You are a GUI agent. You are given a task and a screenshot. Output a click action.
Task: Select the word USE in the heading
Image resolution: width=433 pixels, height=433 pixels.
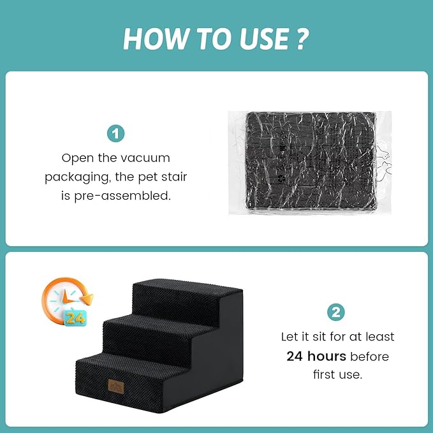tap(264, 39)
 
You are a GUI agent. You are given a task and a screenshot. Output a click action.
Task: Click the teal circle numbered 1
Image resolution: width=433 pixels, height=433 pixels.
tap(115, 134)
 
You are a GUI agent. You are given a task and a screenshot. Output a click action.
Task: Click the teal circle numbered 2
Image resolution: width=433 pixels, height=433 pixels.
tap(336, 312)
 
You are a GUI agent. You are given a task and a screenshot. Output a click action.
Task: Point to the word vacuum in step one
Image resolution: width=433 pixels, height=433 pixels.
tap(145, 159)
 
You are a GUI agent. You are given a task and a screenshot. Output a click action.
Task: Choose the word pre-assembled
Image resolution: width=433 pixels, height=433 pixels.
tap(122, 196)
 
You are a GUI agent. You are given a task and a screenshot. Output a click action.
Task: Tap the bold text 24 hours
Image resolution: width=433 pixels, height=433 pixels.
tap(316, 356)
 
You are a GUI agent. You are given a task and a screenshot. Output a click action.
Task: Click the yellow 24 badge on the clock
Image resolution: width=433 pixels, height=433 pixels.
tap(75, 318)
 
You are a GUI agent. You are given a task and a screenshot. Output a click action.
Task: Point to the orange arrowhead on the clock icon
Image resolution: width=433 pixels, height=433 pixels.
tap(88, 299)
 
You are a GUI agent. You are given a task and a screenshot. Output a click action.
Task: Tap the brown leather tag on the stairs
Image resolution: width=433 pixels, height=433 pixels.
tap(116, 386)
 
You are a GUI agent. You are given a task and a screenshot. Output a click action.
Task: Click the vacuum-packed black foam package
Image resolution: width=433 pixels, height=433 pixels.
tap(311, 163)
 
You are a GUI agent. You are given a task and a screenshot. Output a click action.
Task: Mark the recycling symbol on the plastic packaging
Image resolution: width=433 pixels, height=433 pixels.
tap(281, 179)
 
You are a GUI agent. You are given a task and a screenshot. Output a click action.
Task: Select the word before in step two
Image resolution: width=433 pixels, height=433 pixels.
tap(369, 356)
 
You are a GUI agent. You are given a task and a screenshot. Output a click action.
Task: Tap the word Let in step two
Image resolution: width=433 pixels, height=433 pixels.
tap(290, 337)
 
